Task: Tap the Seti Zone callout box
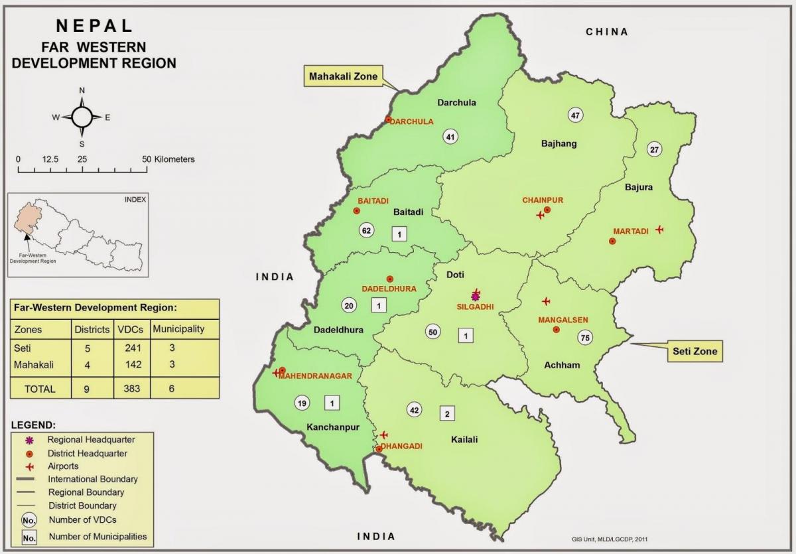point(695,351)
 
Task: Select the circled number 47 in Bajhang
point(575,115)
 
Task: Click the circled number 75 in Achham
point(584,338)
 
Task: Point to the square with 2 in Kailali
point(447,413)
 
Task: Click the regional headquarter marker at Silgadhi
point(475,296)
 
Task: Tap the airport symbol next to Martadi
point(659,229)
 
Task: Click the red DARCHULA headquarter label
point(411,121)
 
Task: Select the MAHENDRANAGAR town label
point(314,376)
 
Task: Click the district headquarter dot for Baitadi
point(357,210)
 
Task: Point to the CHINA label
point(606,32)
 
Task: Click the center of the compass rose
point(82,117)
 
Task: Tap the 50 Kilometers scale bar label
point(168,159)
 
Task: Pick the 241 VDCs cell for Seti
point(131,348)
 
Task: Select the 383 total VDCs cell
point(131,389)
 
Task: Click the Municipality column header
point(178,328)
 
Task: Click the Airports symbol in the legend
point(29,467)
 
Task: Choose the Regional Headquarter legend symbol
point(29,441)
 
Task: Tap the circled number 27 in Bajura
point(655,149)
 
